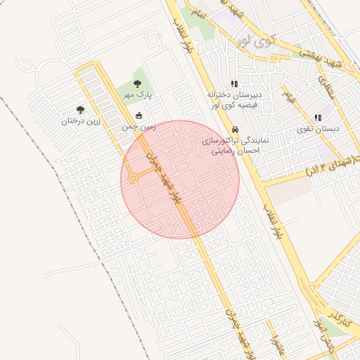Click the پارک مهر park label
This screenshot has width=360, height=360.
click(x=139, y=94)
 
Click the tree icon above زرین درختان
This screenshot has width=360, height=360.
click(x=80, y=110)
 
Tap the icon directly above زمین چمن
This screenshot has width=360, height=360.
click(x=139, y=116)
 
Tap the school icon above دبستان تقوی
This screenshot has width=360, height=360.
click(x=318, y=117)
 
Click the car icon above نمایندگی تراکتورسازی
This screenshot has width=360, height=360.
click(x=235, y=130)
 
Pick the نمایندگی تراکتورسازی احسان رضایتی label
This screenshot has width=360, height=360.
click(x=231, y=146)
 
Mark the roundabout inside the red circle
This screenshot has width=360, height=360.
click(x=133, y=179)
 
